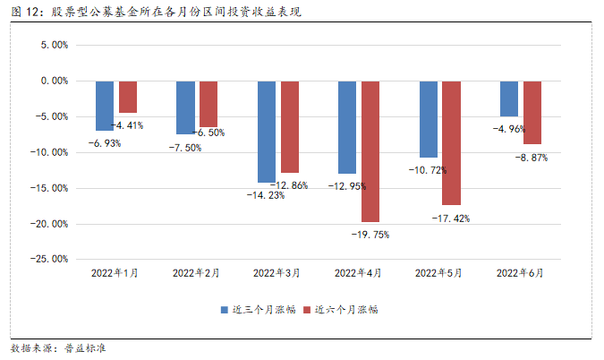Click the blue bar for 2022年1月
tap(105, 106)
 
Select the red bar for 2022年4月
tap(370, 151)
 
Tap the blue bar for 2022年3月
tap(267, 132)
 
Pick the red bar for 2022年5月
tap(451, 142)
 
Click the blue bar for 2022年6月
tap(509, 99)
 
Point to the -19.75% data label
tap(370, 234)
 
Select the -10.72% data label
tap(427, 169)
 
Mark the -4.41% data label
tap(126, 125)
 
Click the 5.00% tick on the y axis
tap(54, 45)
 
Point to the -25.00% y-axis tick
tap(50, 259)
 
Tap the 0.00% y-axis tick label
tap(54, 81)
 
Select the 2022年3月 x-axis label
tap(276, 271)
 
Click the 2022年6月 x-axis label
tap(519, 271)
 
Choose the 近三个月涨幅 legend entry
tap(257, 310)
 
